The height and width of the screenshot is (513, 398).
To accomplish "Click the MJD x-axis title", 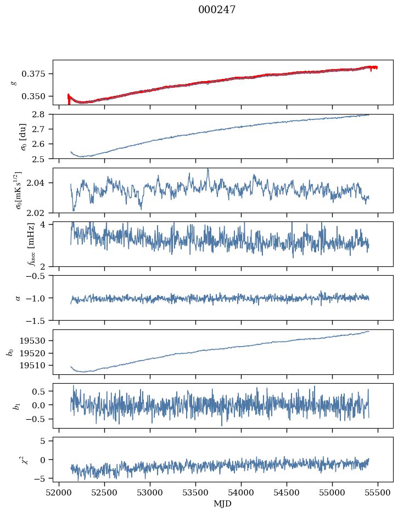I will click(223, 504).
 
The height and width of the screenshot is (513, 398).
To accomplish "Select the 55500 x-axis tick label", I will click(378, 492).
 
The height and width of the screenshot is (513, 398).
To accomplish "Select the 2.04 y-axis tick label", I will click(40, 183).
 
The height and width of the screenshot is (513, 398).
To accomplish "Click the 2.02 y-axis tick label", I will click(40, 213).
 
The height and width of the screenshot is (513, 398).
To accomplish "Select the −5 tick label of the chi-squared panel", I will click(43, 478).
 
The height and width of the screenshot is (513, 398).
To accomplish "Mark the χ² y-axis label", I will click(16, 459).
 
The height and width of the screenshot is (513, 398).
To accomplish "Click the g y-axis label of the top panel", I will click(15, 82).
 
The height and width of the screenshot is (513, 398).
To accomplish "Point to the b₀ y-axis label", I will click(9, 352).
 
